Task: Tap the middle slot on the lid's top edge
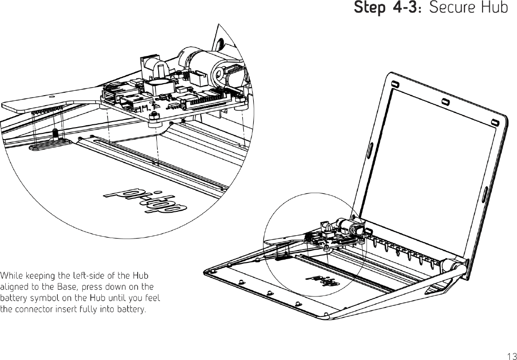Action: point(445,102)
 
